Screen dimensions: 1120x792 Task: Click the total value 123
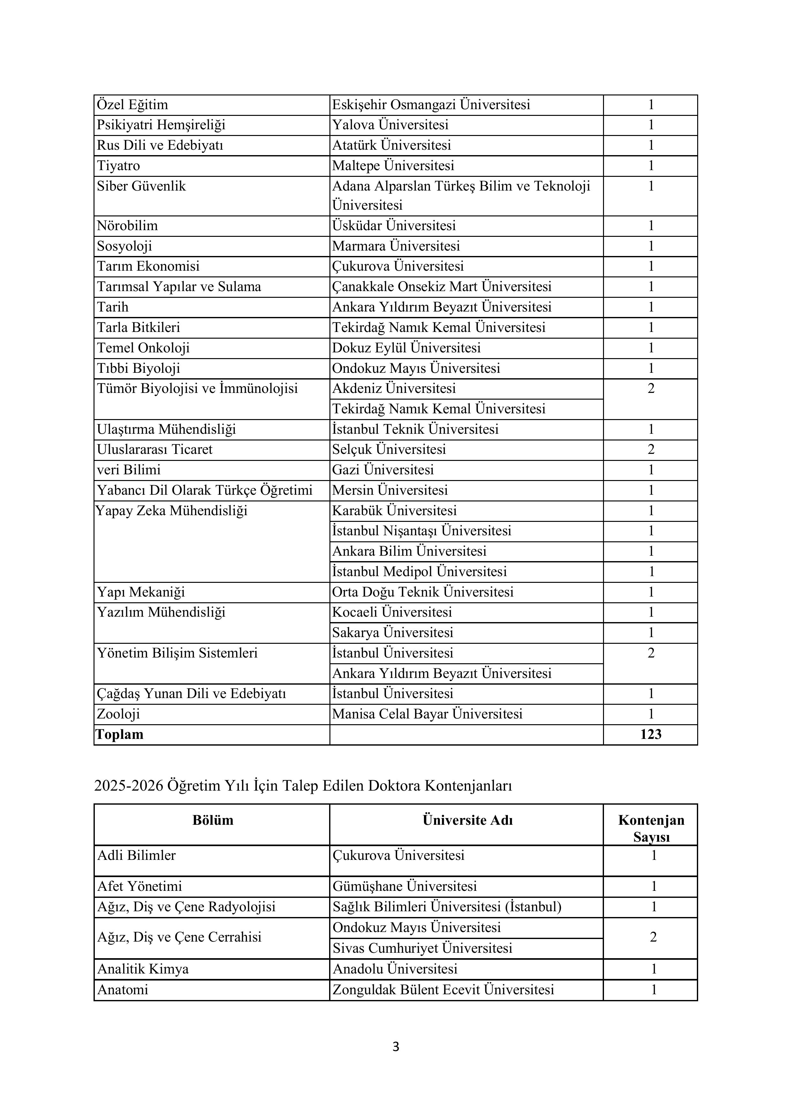pyautogui.click(x=651, y=735)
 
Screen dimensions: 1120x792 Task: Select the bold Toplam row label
pyautogui.click(x=120, y=735)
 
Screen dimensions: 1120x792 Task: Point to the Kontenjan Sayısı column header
pyautogui.click(x=651, y=828)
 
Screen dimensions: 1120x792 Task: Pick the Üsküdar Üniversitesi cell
pyautogui.click(x=394, y=226)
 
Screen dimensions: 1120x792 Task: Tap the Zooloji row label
pyautogui.click(x=118, y=714)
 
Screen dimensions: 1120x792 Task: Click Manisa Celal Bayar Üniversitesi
pyautogui.click(x=427, y=714)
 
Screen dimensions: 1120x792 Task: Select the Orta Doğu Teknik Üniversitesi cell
pyautogui.click(x=423, y=592)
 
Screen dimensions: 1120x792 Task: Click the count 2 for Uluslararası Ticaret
pyautogui.click(x=651, y=449)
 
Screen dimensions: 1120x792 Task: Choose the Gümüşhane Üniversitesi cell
pyautogui.click(x=404, y=886)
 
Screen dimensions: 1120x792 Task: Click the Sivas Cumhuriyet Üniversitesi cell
pyautogui.click(x=422, y=948)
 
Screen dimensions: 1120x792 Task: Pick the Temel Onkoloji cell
pyautogui.click(x=143, y=348)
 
